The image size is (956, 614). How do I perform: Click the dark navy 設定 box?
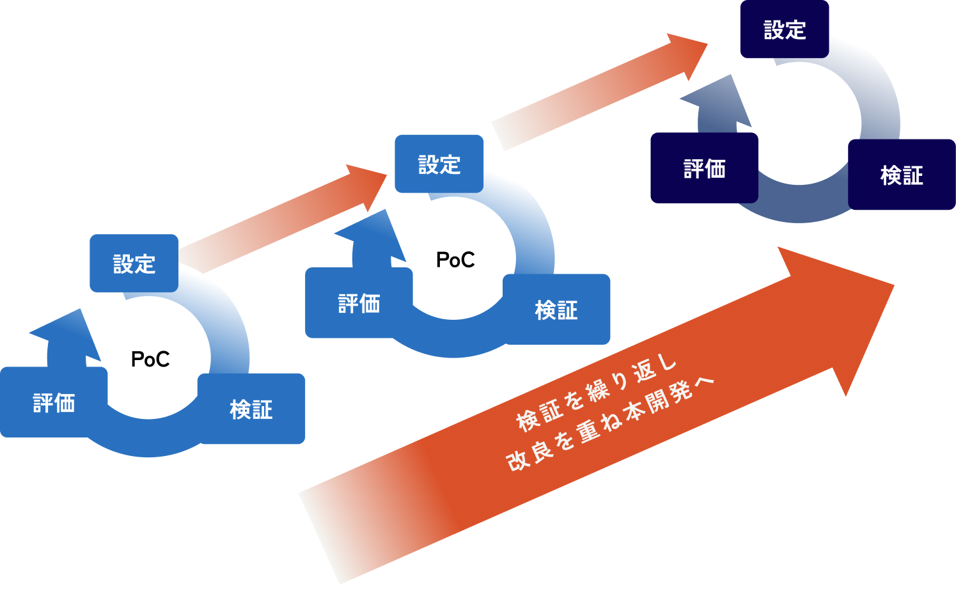(x=785, y=29)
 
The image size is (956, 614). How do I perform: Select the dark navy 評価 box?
(x=704, y=168)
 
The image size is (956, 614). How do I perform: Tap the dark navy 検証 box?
(x=902, y=175)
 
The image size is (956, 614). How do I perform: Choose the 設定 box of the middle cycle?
(x=439, y=164)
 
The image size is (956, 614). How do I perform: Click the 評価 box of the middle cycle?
(x=359, y=303)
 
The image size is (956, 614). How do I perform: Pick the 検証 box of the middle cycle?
(x=556, y=310)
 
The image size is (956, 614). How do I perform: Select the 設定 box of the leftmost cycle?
(x=134, y=264)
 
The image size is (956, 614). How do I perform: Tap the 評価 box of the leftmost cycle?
(x=54, y=402)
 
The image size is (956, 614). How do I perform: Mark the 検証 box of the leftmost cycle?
(x=251, y=409)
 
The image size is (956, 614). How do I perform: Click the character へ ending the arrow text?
(x=703, y=383)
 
